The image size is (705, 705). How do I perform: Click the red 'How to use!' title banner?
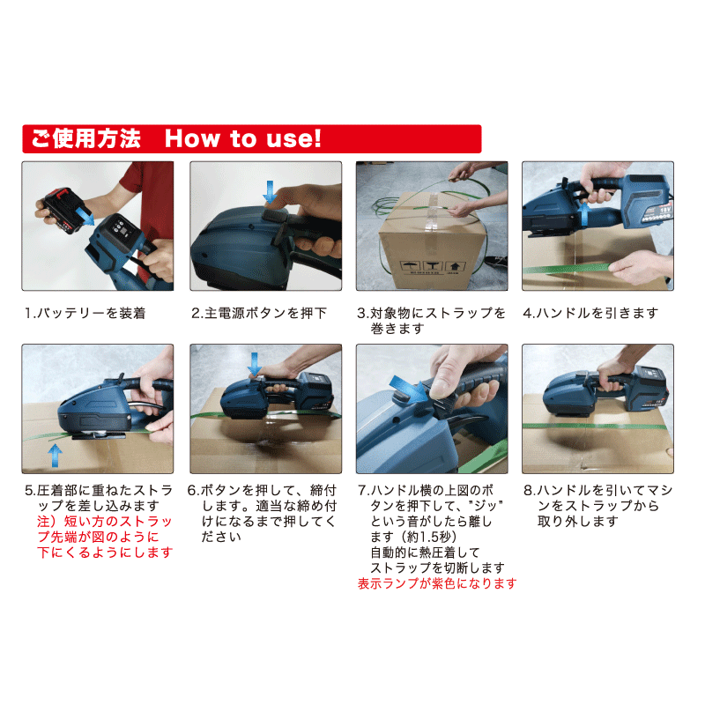pyautogui.click(x=252, y=139)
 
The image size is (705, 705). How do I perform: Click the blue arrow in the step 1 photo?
pyautogui.click(x=85, y=216)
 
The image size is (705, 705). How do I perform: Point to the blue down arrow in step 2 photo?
pyautogui.click(x=270, y=192)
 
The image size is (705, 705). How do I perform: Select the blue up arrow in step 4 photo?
pyautogui.click(x=583, y=214)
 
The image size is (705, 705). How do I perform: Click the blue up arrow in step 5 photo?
pyautogui.click(x=55, y=456)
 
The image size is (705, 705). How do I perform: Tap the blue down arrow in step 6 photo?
pyautogui.click(x=255, y=364)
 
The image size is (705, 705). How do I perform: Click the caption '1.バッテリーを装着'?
pyautogui.click(x=85, y=313)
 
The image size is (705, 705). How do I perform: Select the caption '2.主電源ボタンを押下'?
pyautogui.click(x=259, y=313)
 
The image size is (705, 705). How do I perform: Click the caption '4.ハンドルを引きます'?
pyautogui.click(x=590, y=313)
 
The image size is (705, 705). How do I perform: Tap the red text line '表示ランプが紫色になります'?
pyautogui.click(x=437, y=583)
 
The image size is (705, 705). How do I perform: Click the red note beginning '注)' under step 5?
pyautogui.click(x=105, y=537)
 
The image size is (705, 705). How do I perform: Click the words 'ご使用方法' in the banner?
pyautogui.click(x=85, y=138)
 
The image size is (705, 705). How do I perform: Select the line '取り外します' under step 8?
pyautogui.click(x=578, y=522)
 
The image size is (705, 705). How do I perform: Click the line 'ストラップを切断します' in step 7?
pyautogui.click(x=437, y=568)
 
